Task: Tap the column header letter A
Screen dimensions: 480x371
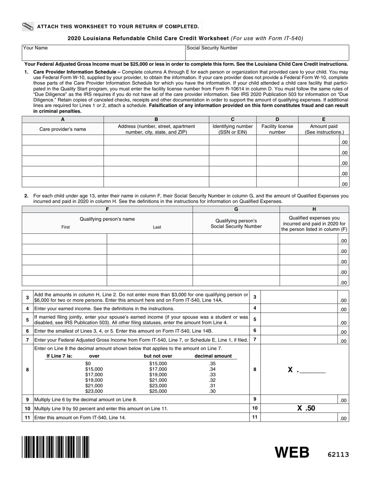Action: [x=63, y=120]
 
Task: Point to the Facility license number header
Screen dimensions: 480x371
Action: [x=277, y=129]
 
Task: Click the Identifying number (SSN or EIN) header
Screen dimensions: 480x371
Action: [x=232, y=129]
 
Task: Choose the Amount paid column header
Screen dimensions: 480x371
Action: [x=324, y=129]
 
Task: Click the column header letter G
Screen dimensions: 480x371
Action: [x=236, y=209]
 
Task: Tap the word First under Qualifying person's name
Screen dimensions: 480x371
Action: [x=66, y=227]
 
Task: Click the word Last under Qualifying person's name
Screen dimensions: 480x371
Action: [x=157, y=227]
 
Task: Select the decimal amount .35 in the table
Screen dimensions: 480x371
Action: [x=212, y=363]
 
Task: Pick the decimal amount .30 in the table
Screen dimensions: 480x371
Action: [x=212, y=391]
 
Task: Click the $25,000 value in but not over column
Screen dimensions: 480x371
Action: [x=158, y=391]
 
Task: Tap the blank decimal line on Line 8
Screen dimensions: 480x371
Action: [x=312, y=370]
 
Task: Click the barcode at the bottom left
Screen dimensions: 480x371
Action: [x=55, y=447]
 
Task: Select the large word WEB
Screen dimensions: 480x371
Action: [x=292, y=452]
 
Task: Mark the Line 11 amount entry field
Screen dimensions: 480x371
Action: [x=299, y=418]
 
